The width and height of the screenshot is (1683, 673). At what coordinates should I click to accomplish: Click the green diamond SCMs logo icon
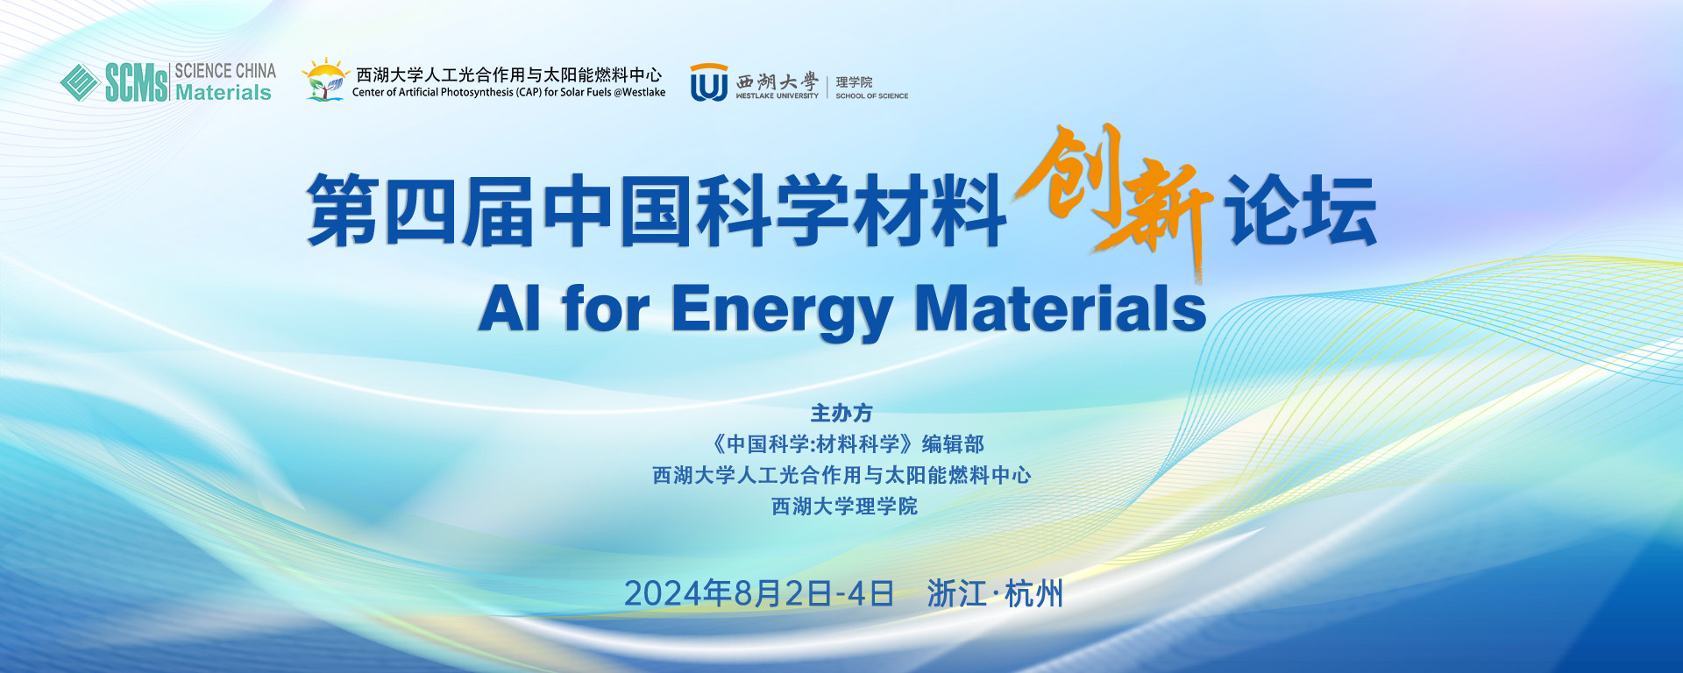pos(79,82)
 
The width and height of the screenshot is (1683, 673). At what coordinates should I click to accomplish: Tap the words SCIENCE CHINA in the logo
pos(225,71)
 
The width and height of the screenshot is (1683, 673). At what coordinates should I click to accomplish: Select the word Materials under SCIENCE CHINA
pos(224,92)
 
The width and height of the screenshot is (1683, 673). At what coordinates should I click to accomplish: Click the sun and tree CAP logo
pos(325,80)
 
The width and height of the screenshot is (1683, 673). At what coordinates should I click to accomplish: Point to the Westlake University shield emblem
pos(709,82)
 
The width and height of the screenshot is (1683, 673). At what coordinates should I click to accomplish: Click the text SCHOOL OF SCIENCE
pos(872,96)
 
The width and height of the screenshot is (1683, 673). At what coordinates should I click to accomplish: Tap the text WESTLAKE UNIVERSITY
pos(778,96)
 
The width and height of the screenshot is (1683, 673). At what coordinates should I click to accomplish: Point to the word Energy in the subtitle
pos(782,311)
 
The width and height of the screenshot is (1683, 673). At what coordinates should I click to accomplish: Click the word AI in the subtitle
pos(509,308)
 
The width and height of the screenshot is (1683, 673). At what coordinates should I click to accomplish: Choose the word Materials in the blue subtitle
pos(1061,308)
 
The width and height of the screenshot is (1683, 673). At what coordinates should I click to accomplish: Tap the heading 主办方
pos(841,413)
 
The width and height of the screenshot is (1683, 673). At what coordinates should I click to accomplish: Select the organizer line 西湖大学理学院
pos(844,507)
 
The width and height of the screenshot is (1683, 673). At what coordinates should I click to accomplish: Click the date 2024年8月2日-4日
pos(759,594)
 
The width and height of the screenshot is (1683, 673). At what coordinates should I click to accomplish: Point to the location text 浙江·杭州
pos(995,594)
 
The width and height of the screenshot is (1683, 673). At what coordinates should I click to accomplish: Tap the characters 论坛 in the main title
pos(1302,210)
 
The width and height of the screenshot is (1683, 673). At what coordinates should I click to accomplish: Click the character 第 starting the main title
pos(343,210)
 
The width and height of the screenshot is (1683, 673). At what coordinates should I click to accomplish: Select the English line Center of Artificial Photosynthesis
pos(508,92)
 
